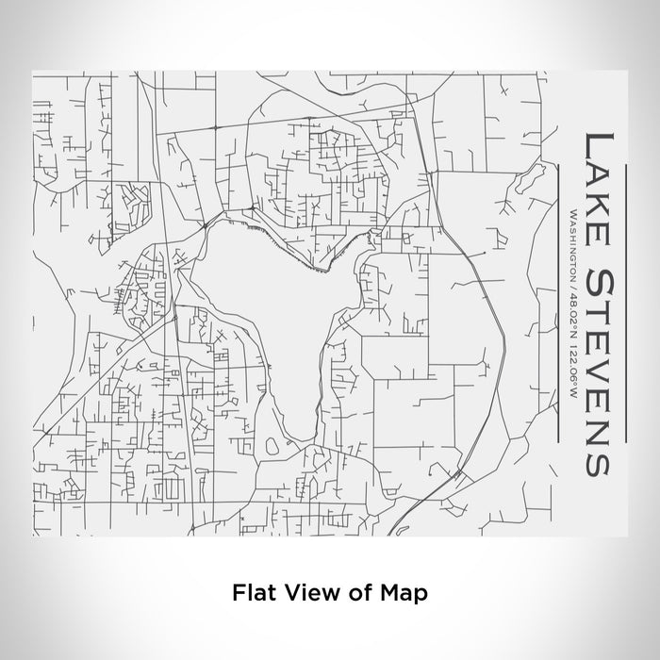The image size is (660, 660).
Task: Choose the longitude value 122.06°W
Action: tap(571, 368)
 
